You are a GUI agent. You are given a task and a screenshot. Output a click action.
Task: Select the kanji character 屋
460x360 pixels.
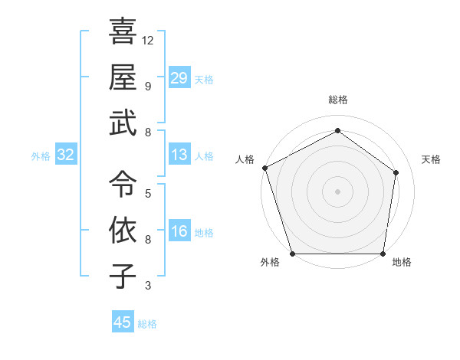[x=123, y=77]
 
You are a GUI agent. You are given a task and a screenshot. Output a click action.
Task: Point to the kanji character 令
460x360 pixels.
[x=123, y=184]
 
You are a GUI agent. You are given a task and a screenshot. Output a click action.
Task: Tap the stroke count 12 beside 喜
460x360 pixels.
[x=148, y=40]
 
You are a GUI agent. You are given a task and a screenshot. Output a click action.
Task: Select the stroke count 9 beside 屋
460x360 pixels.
[x=148, y=86]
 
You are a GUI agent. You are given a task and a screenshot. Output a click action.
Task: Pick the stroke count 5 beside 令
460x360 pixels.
[x=148, y=193]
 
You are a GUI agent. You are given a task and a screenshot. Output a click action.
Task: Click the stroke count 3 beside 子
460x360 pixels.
[x=148, y=286]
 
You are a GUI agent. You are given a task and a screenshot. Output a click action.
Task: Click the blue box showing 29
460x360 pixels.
[x=179, y=78]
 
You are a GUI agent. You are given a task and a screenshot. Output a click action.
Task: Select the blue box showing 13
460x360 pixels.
[x=179, y=155]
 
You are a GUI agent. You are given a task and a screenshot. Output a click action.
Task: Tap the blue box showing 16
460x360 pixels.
[x=179, y=232]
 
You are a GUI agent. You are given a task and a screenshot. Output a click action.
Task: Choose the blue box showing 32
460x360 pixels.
[x=66, y=155]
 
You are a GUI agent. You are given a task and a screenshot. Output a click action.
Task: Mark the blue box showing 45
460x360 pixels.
[x=123, y=322]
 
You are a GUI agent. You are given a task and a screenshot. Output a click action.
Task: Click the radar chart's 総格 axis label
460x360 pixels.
[x=337, y=100]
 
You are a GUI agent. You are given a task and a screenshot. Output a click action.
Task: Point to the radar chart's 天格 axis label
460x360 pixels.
[x=431, y=159]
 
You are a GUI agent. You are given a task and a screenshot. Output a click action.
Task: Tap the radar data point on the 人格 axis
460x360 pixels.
[x=264, y=168]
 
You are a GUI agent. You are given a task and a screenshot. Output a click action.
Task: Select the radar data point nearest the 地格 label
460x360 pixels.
[x=383, y=254]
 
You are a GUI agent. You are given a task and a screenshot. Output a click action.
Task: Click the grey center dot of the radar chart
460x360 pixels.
[x=337, y=191]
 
